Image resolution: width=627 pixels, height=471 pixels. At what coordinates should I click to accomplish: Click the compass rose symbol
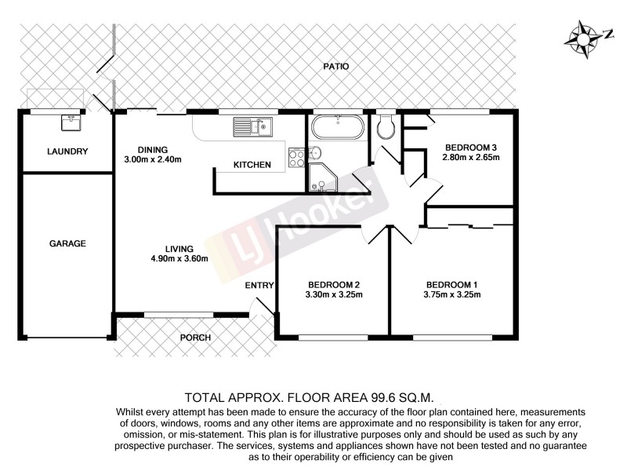click(585, 38)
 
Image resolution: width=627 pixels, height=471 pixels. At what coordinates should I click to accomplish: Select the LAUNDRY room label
click(67, 152)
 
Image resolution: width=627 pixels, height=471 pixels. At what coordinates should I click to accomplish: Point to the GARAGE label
click(67, 243)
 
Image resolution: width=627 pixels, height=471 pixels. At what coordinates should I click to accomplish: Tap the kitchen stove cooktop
click(297, 159)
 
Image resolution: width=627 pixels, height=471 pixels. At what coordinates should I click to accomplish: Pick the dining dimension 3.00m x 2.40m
click(153, 159)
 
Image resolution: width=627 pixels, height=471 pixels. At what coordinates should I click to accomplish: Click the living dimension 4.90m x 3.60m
click(179, 259)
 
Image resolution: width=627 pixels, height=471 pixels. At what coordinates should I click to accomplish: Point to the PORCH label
click(196, 338)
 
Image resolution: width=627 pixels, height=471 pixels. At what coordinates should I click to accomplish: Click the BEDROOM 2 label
click(333, 284)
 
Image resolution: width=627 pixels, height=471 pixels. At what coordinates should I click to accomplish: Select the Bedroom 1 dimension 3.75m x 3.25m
click(451, 295)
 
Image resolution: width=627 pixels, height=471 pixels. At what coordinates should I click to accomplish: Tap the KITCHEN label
click(252, 165)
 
